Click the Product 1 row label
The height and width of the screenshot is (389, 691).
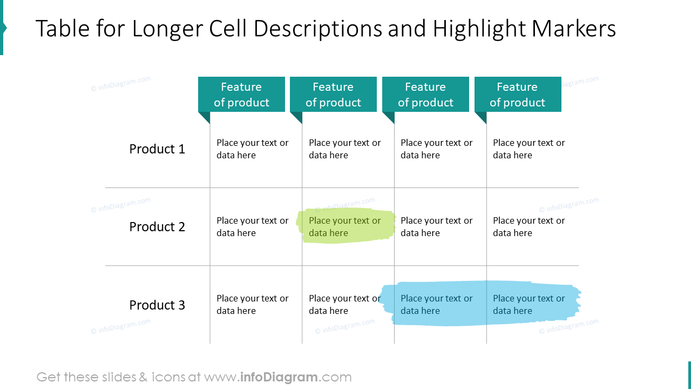pos(157,149)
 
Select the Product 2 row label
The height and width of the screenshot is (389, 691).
pos(157,227)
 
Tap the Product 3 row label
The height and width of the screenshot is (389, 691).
pos(157,305)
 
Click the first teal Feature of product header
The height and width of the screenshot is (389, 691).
pos(241,95)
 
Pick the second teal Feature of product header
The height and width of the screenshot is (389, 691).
pos(333,95)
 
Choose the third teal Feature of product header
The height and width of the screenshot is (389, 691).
pos(425,95)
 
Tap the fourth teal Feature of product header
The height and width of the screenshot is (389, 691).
pos(517,95)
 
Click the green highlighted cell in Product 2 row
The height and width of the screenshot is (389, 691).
pos(344,227)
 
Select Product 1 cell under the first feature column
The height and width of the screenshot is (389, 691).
pos(252,149)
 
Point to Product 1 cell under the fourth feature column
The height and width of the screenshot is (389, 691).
pos(529,149)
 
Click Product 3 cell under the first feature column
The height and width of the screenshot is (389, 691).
pos(252,305)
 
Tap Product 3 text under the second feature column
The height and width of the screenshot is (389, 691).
pos(344,305)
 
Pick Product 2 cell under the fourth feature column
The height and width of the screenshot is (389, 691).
pos(529,227)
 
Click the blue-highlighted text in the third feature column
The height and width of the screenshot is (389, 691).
pos(436,305)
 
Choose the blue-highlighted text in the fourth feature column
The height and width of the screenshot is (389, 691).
pos(529,305)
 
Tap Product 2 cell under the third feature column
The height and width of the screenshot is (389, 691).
pos(436,227)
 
